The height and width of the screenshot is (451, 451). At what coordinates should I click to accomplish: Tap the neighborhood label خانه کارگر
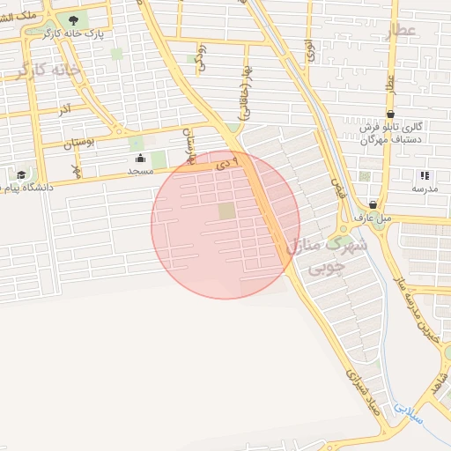coord(49,70)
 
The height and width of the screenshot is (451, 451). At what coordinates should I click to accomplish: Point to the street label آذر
coord(64,111)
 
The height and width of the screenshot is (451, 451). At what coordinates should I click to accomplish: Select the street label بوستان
coord(78,140)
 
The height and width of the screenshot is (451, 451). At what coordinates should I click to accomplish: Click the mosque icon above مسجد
coord(140,159)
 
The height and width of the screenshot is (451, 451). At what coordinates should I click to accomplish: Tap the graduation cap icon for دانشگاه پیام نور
coord(21,174)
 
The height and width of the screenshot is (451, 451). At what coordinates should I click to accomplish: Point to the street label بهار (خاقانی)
coord(242,92)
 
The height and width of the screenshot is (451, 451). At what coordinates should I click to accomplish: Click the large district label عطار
coord(399,32)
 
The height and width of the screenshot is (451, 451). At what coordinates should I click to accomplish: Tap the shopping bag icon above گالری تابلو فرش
coord(390,114)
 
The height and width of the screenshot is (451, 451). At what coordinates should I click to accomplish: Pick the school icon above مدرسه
coord(425,176)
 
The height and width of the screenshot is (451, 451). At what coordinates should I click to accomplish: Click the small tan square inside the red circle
coord(227,211)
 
